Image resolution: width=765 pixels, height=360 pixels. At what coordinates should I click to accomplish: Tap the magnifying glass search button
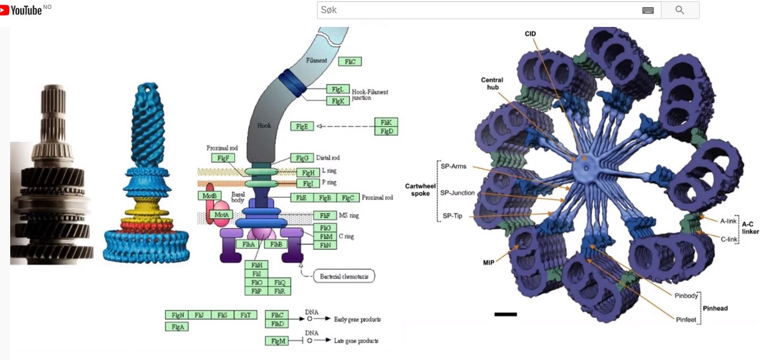click(679, 10)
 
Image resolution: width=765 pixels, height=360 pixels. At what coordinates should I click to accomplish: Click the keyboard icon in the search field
click(648, 10)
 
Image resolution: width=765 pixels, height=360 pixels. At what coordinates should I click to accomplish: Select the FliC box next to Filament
click(349, 61)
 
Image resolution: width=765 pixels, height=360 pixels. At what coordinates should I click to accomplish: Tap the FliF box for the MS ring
click(325, 215)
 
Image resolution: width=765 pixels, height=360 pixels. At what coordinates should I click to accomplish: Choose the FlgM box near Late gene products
click(277, 340)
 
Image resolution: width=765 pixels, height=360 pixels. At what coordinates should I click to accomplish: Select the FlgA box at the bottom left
click(177, 327)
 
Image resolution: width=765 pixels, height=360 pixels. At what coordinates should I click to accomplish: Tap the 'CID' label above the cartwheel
click(530, 33)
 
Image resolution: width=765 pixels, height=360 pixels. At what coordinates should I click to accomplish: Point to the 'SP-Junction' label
click(457, 193)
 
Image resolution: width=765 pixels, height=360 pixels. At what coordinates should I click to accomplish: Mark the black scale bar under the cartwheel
click(505, 314)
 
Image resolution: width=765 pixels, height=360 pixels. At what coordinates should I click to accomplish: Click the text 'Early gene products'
click(357, 319)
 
